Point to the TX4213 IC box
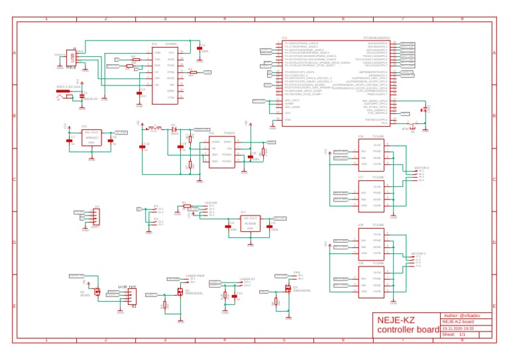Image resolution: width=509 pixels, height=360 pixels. coord(221,152)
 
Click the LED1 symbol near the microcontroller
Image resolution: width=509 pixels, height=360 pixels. coord(424,109)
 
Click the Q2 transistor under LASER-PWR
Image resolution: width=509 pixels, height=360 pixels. coord(180,292)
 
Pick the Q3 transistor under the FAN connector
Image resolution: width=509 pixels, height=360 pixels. coord(288,288)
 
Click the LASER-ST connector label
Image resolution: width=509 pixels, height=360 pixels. coord(247,280)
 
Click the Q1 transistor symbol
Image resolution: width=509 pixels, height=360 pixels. coord(97,291)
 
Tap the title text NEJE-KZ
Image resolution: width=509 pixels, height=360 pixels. coord(397,320)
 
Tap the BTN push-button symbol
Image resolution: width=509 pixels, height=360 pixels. coord(412,127)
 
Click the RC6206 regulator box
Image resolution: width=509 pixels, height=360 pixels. coord(250,223)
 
